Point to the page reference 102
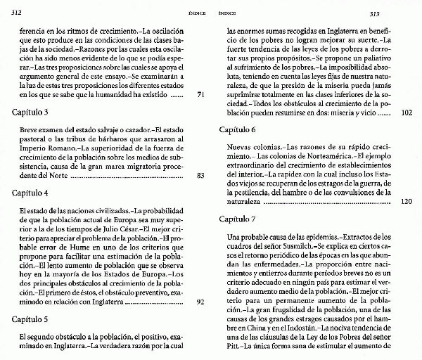406,112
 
